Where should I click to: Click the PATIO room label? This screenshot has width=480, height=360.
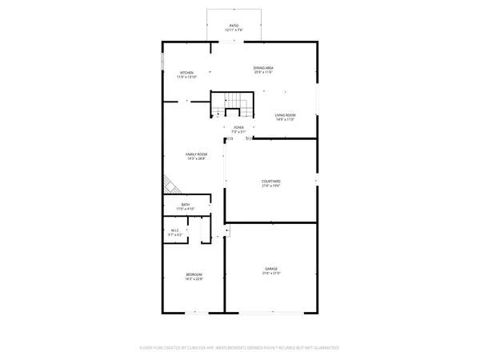(x=234, y=26)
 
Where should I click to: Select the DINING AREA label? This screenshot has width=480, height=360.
(x=264, y=69)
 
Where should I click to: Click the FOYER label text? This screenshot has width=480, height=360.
(x=238, y=127)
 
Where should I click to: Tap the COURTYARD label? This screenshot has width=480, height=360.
(x=271, y=182)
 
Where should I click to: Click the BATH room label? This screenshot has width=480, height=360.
(x=186, y=205)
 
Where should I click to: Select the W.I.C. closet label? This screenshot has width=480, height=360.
(x=174, y=231)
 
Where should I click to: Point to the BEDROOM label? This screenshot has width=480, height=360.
(x=194, y=274)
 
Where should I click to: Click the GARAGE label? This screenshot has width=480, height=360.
(x=271, y=269)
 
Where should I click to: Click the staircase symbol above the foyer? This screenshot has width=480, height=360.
(x=233, y=102)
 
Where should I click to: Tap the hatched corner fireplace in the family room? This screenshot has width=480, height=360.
(x=170, y=186)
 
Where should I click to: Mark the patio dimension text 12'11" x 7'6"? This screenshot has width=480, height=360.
(x=234, y=30)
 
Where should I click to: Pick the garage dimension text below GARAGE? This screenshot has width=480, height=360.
(x=271, y=274)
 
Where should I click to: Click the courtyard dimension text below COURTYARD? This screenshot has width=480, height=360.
(x=271, y=186)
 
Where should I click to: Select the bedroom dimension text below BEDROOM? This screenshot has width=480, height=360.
(x=194, y=279)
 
